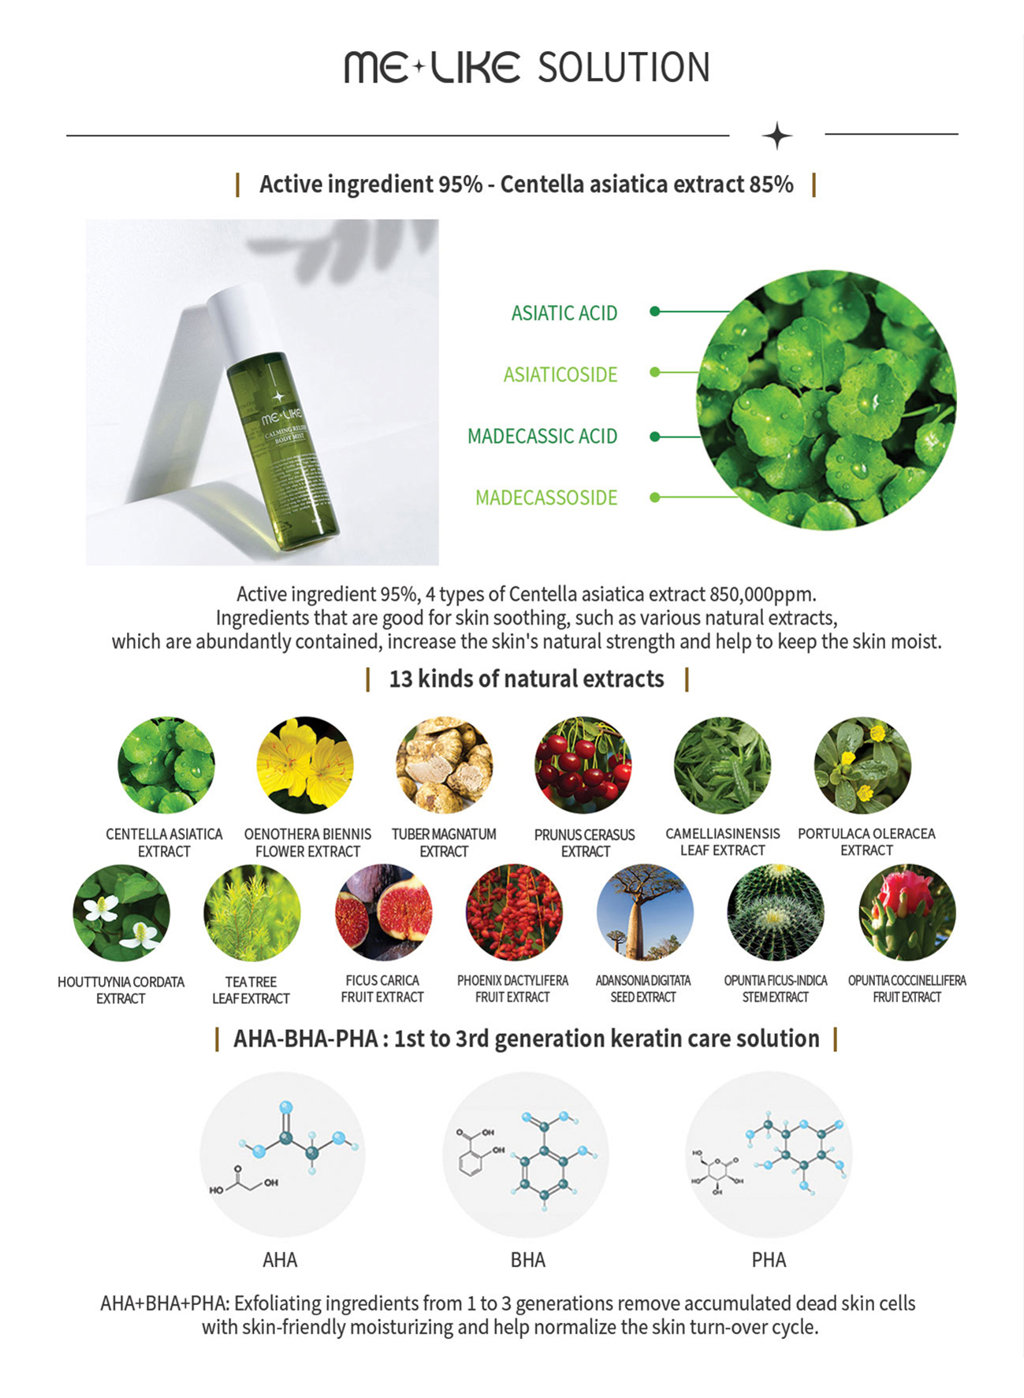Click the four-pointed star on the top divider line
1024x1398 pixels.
coord(776,136)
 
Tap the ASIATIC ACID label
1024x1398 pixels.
coord(564,313)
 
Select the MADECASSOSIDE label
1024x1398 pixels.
coord(546,497)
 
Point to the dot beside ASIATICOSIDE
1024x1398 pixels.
coord(654,372)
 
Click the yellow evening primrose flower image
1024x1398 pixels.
coord(304,764)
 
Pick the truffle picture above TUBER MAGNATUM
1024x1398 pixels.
coord(444,764)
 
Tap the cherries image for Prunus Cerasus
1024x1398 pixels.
coord(583,764)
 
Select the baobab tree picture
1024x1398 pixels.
coord(645,913)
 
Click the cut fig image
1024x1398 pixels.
coord(383,913)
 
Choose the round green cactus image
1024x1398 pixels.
coord(776,913)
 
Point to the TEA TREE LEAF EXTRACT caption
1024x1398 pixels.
coord(251,990)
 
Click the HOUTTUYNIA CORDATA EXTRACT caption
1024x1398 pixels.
coord(121,990)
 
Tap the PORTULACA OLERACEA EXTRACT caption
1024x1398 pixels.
coord(866,842)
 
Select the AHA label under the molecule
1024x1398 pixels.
coord(280,1259)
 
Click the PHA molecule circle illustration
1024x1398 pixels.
coord(769,1154)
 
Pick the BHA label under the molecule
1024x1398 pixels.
coord(527,1259)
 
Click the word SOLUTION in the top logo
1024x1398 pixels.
coord(624,68)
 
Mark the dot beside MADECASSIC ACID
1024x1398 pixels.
coord(654,436)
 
